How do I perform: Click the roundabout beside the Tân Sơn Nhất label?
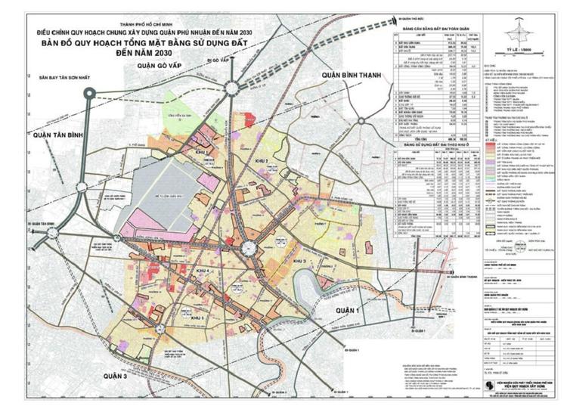point(90,95)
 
